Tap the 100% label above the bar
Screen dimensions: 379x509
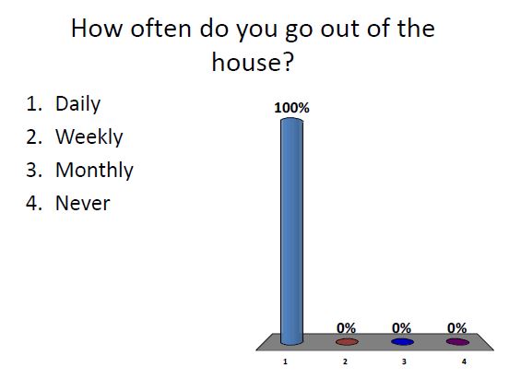[291, 107]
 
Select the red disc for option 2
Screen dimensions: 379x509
[347, 341]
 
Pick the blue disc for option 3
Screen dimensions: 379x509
[402, 341]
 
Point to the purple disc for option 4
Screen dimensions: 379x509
[457, 341]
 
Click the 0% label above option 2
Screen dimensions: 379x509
[347, 327]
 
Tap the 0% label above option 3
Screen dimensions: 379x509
[402, 327]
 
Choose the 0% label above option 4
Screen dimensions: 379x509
[457, 327]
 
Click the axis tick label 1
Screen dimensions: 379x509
[287, 362]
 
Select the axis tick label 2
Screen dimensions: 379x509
[345, 362]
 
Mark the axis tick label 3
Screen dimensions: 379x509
[403, 362]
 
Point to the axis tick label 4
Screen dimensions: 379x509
[461, 362]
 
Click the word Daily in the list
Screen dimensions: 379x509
[78, 104]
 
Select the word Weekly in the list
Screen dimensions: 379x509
[89, 137]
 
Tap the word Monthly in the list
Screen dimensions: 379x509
[94, 171]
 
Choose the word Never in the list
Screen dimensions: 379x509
[82, 203]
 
